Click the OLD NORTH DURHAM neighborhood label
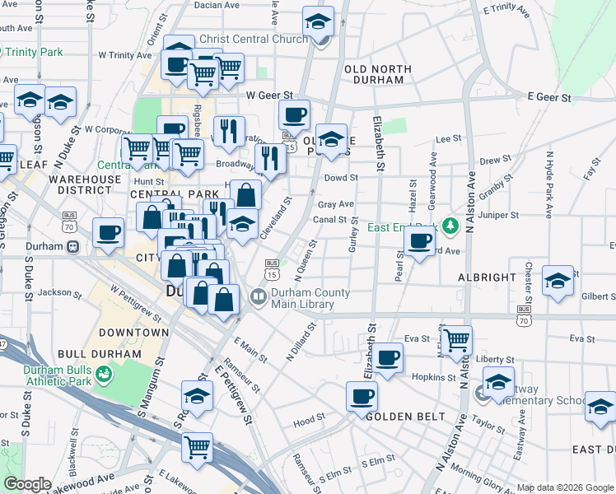(x=374, y=74)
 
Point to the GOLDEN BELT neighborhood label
(x=399, y=417)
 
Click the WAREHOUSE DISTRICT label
(x=84, y=184)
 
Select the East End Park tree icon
(x=449, y=225)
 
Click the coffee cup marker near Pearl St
(x=420, y=240)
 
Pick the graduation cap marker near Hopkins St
(x=498, y=382)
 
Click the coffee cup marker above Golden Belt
(x=362, y=396)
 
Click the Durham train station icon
(x=72, y=246)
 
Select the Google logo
(x=27, y=484)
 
